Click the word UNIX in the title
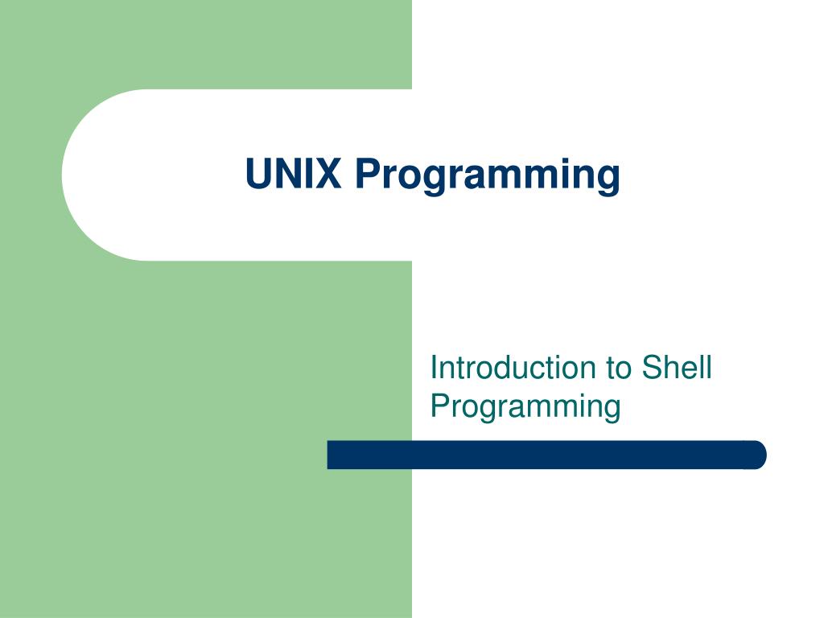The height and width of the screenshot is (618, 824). (x=293, y=174)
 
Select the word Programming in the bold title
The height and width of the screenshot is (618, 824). (x=488, y=175)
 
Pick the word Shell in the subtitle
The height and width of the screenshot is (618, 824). (x=677, y=368)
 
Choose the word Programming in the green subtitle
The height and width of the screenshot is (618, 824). (x=525, y=406)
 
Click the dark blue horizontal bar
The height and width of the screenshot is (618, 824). (x=546, y=455)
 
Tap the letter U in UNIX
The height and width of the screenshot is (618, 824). (x=258, y=174)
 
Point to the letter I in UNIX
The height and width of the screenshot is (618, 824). (x=308, y=174)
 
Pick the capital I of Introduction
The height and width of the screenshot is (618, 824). (x=435, y=368)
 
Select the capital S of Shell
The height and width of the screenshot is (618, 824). (x=651, y=368)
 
